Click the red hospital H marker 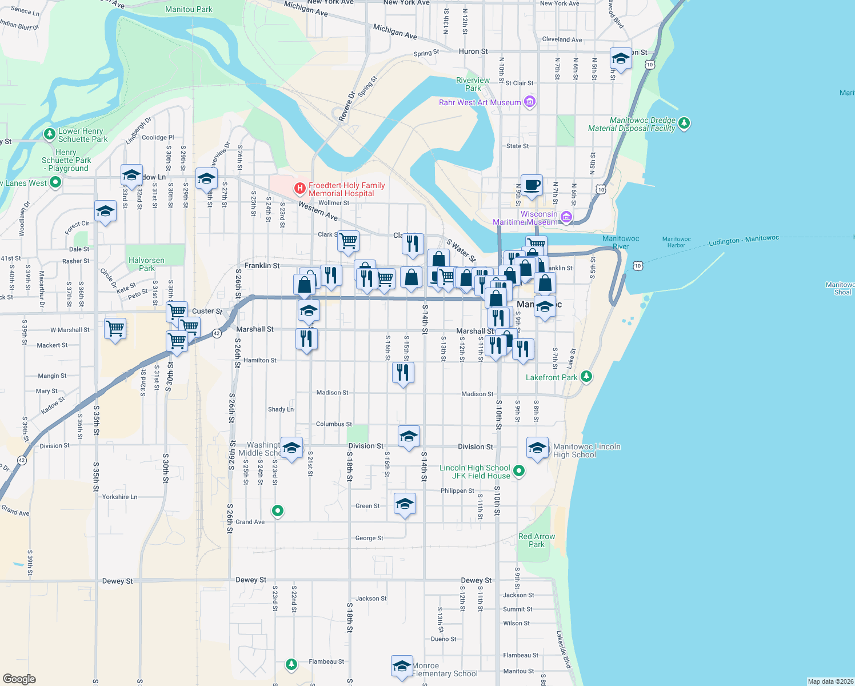click(x=299, y=188)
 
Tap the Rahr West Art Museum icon click(x=530, y=102)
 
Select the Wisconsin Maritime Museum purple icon click(x=566, y=217)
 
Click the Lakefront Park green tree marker click(x=586, y=376)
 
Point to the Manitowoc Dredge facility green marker click(x=684, y=123)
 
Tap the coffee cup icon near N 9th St click(x=532, y=185)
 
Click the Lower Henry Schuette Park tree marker click(x=50, y=134)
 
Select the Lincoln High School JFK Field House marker click(x=519, y=470)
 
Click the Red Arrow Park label click(x=537, y=540)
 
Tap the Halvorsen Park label click(x=146, y=264)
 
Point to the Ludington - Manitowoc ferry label click(x=744, y=240)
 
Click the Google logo click(x=19, y=679)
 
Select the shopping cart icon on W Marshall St click(x=115, y=329)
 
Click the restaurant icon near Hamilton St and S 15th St click(x=403, y=372)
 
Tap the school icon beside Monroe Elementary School click(x=402, y=666)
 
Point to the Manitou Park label click(x=189, y=9)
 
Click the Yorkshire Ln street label click(x=119, y=497)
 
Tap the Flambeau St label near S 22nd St click(x=326, y=661)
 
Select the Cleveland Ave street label click(x=562, y=39)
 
